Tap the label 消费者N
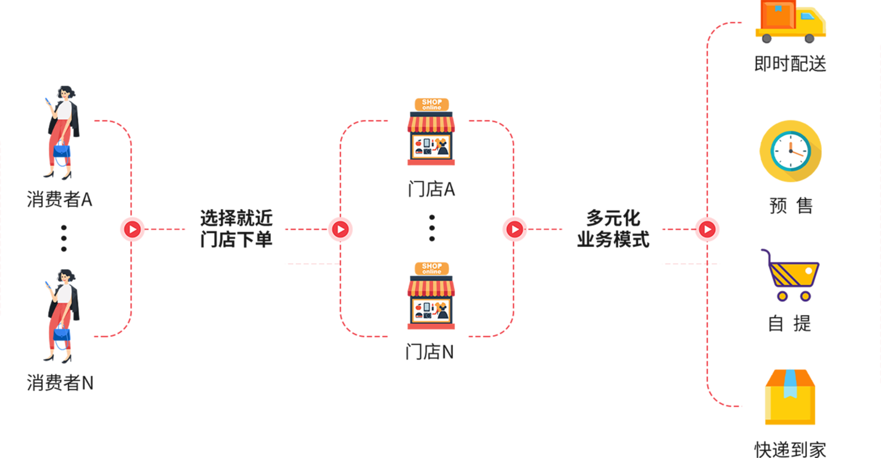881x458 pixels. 60,383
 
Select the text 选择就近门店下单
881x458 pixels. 236,229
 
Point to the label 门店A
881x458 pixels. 432,189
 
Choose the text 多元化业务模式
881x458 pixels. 613,229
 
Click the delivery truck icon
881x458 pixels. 791,22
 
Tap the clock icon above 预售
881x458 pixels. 790,151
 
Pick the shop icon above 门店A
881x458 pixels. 431,132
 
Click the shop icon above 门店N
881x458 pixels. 431,296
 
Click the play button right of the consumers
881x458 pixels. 132,229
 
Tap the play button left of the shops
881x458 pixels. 340,229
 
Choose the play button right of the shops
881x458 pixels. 515,229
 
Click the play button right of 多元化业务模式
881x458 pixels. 707,229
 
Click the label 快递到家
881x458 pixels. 790,449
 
